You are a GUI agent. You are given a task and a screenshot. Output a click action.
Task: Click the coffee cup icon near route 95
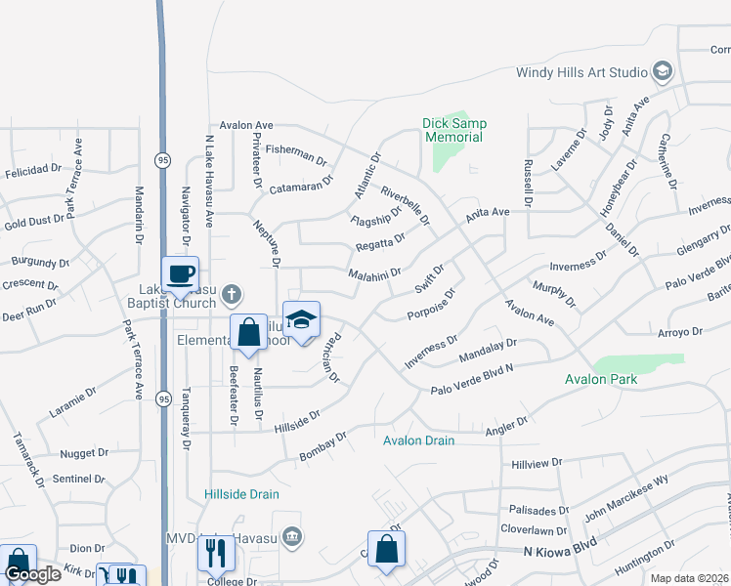(180, 273)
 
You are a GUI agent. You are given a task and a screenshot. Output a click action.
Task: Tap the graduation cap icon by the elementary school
(302, 320)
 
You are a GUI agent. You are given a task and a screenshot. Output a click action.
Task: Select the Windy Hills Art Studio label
(582, 72)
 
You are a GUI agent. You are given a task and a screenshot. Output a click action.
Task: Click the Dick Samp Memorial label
(453, 130)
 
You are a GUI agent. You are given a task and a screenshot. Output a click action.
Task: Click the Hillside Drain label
(242, 494)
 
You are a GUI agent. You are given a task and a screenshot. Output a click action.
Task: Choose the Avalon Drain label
(418, 440)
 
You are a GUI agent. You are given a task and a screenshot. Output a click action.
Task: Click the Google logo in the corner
(33, 575)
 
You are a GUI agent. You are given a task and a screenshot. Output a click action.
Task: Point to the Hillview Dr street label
(532, 462)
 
